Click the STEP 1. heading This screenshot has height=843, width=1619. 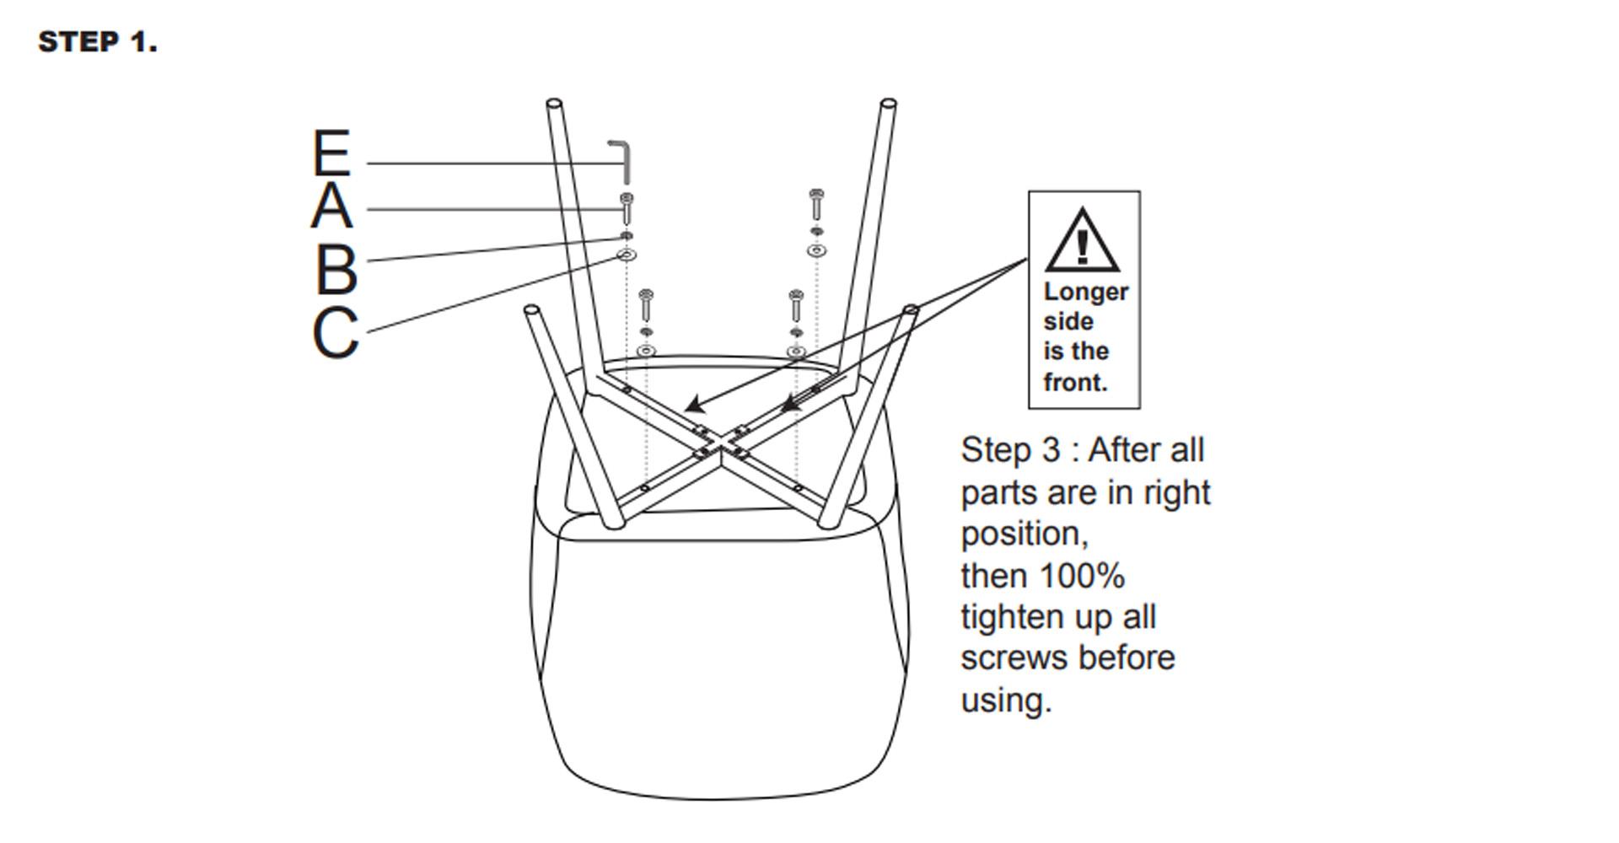[98, 42]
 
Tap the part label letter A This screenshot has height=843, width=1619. [331, 207]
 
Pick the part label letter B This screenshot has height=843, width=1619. [336, 270]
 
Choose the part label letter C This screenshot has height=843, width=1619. [335, 334]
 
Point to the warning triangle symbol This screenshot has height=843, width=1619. [1083, 242]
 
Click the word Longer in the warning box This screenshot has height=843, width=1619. [1085, 292]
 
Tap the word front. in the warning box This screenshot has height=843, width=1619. [1075, 383]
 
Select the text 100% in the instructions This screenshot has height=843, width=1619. [1083, 577]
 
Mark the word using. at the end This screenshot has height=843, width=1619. [1006, 701]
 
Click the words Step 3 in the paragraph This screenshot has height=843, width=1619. [1010, 450]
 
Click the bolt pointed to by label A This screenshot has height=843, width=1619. [627, 208]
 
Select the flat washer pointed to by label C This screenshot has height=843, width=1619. [627, 255]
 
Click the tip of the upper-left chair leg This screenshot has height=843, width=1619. [554, 105]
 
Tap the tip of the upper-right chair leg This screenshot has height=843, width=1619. [888, 105]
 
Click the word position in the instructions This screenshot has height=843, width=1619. [1023, 534]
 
